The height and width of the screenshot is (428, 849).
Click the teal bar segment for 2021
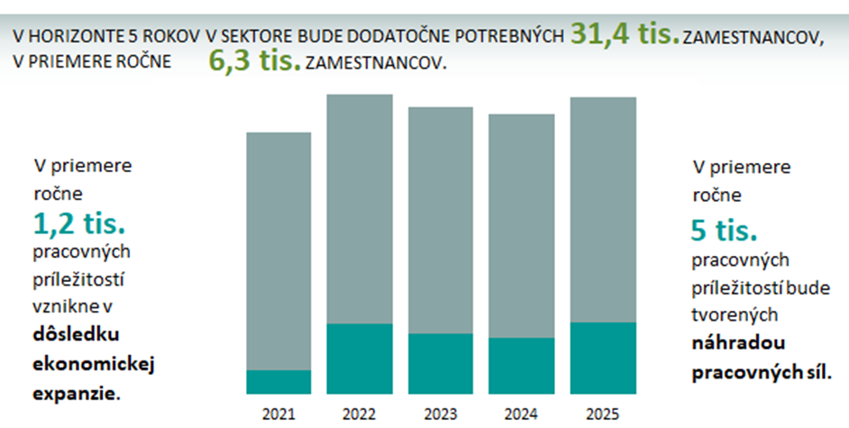click(x=278, y=382)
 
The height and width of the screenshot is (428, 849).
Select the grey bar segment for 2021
click(x=278, y=250)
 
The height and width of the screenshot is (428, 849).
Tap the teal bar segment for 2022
click(x=360, y=359)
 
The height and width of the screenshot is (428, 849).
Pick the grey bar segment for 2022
click(x=360, y=208)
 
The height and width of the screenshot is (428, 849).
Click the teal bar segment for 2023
click(x=441, y=363)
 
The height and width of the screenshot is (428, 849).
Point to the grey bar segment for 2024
click(x=522, y=225)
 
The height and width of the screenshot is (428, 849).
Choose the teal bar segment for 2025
click(x=603, y=358)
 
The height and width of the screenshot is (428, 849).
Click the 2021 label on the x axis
click(x=278, y=414)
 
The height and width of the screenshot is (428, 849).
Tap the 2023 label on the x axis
click(x=441, y=414)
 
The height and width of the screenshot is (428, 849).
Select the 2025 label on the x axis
click(x=603, y=414)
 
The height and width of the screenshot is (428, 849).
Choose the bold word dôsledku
click(x=76, y=334)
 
